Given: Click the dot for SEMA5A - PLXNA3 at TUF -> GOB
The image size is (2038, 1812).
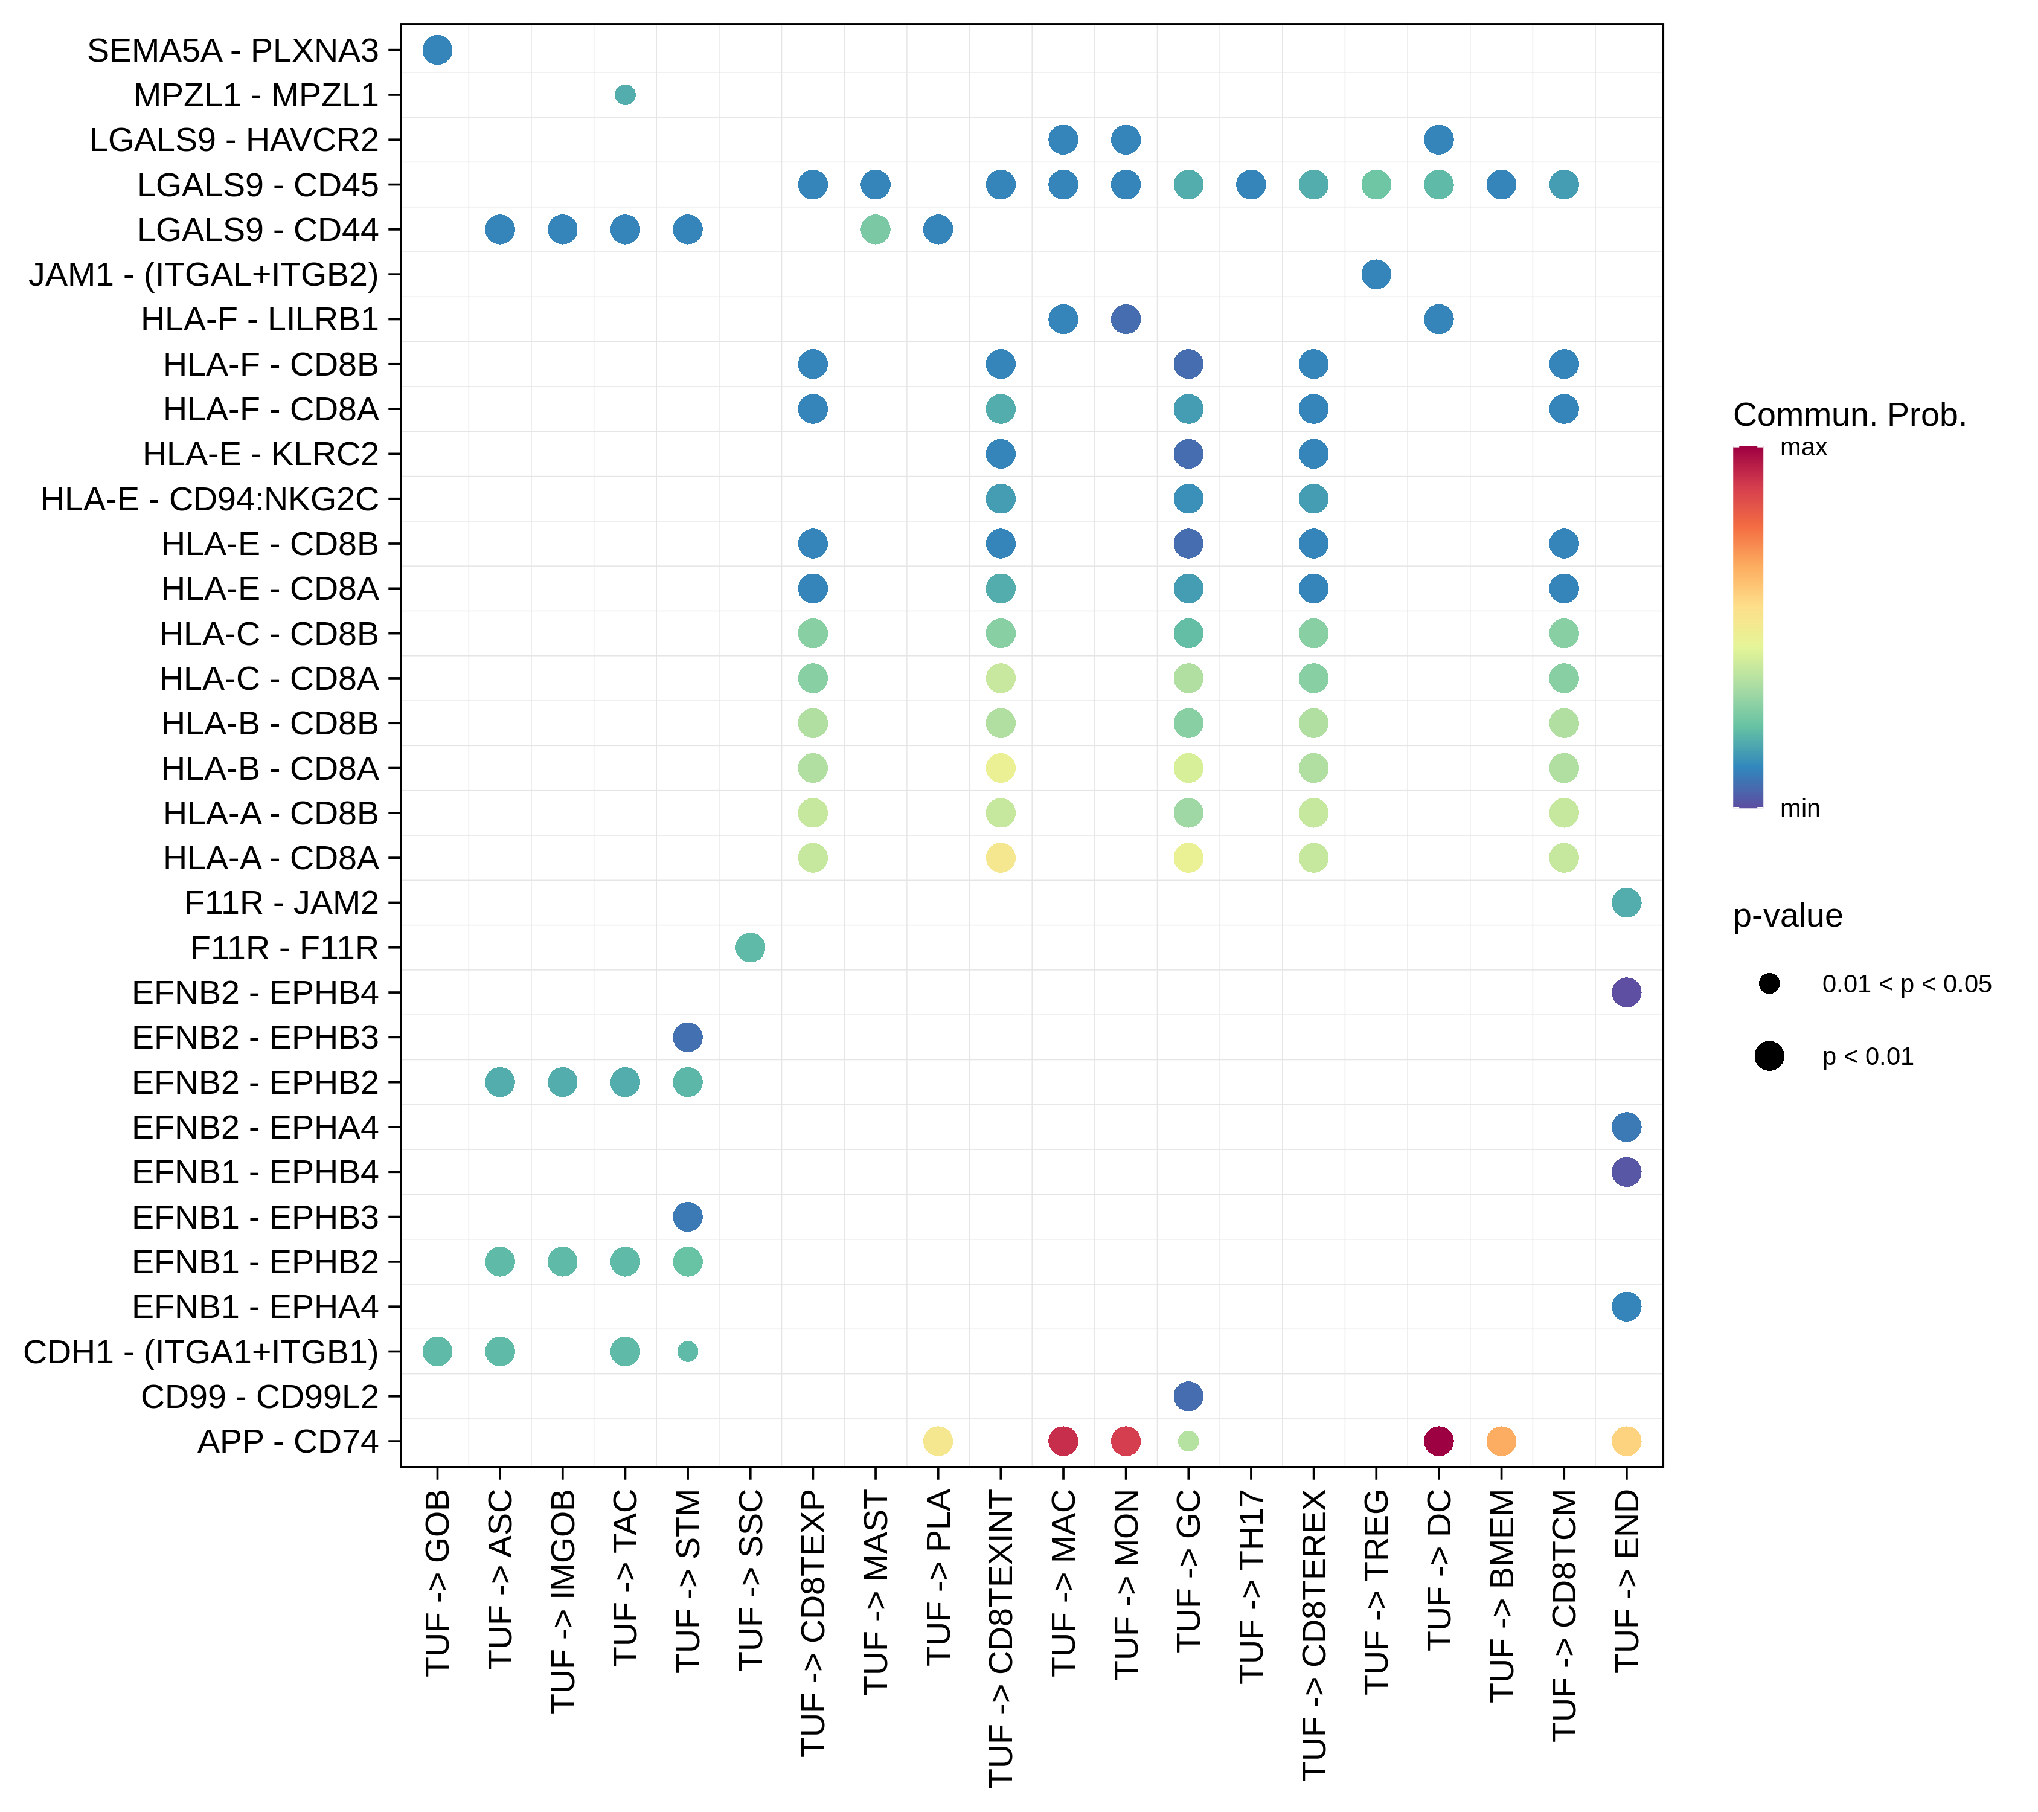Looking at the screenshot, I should (x=437, y=50).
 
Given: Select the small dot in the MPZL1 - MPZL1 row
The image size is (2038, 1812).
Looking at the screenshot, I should (x=625, y=95).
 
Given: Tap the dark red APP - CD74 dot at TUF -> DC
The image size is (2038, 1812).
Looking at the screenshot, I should (x=1438, y=1441).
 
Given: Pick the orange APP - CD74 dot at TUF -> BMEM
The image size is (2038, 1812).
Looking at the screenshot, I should (x=1501, y=1441).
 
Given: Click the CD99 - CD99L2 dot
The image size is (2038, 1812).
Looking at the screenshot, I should (x=1188, y=1396).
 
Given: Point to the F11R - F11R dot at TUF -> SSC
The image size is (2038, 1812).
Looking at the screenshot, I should (x=750, y=948).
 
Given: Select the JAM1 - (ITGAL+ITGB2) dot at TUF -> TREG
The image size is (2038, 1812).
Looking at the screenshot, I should (x=1376, y=274).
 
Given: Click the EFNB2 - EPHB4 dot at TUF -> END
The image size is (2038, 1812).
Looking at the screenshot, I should (x=1626, y=992).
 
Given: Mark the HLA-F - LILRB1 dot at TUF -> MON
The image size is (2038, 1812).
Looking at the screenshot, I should (x=1126, y=319).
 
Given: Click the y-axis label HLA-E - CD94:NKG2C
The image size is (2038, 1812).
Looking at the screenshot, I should (x=210, y=499).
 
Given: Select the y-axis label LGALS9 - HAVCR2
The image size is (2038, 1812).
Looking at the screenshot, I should (x=234, y=140).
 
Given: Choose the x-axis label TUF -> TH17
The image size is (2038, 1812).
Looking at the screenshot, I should (x=1251, y=1585).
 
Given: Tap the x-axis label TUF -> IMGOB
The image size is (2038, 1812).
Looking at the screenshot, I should (x=563, y=1601).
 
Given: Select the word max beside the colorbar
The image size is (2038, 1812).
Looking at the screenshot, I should (x=1802, y=448).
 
